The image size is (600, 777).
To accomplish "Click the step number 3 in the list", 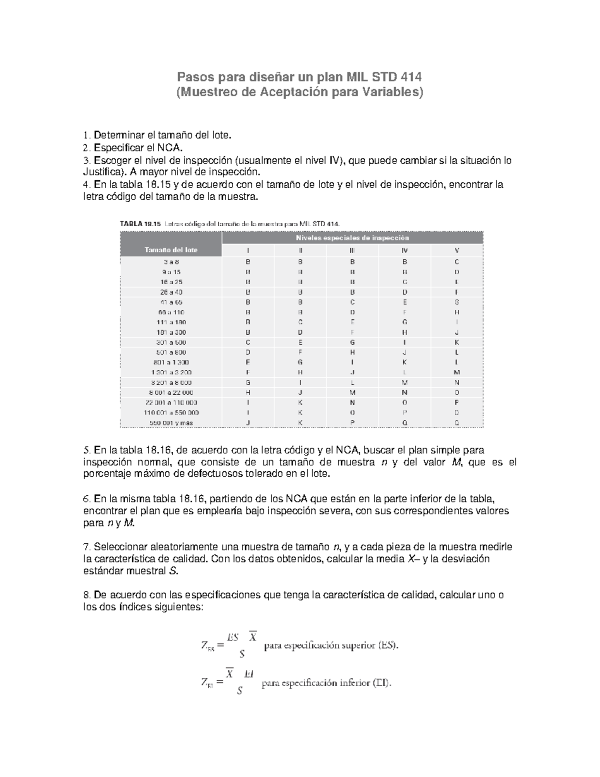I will (x=85, y=161).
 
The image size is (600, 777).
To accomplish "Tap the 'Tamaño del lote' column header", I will (x=171, y=250).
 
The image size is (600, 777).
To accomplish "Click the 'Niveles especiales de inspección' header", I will (x=352, y=238).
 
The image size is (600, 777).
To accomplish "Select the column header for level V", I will (x=456, y=250).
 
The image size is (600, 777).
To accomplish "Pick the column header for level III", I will (x=352, y=250).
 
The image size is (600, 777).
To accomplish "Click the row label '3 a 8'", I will (x=171, y=262).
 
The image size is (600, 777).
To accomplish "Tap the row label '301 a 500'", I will (x=171, y=343).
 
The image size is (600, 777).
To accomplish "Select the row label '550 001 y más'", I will (x=171, y=423).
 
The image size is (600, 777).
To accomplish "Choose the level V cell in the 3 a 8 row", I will (x=456, y=262).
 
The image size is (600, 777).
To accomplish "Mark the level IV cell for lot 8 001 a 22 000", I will (x=404, y=393).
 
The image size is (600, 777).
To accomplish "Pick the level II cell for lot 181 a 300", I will (x=300, y=332).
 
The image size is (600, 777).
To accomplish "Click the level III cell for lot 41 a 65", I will (x=352, y=302).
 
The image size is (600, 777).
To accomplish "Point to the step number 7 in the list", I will (x=85, y=547).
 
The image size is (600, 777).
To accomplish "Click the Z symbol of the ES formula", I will (x=204, y=645).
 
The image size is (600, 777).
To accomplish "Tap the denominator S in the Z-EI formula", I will (x=239, y=691).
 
